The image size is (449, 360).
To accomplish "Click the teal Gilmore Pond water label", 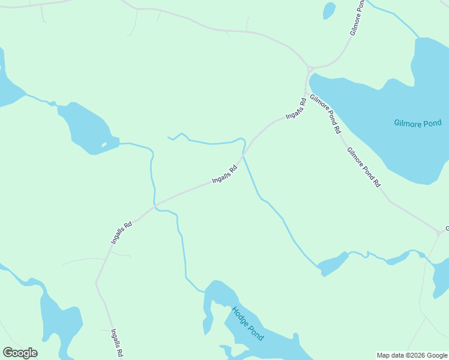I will tap(418, 123).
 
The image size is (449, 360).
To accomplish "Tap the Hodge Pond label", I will tap(248, 323).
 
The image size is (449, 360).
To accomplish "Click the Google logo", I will tap(20, 353).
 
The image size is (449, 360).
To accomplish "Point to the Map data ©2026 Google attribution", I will tap(412, 355).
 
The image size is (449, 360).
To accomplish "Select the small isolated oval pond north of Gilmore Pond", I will tap(329, 11).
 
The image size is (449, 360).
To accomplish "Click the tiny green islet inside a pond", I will tap(104, 145).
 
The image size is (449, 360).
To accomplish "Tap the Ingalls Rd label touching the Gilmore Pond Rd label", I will tap(296, 108).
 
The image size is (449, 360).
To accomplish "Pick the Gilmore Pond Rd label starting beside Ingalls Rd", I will tap(325, 114).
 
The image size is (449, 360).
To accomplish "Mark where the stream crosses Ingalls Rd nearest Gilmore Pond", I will tap(244, 156).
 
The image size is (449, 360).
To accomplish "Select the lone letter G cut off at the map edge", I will tap(447, 229).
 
